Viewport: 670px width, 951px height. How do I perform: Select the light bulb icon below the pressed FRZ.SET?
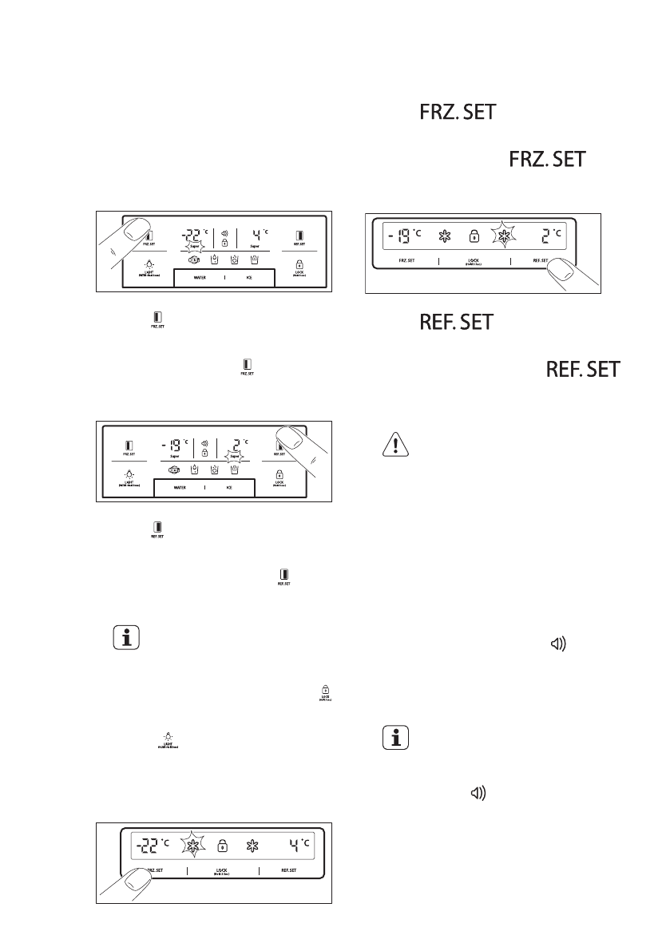click(150, 265)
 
